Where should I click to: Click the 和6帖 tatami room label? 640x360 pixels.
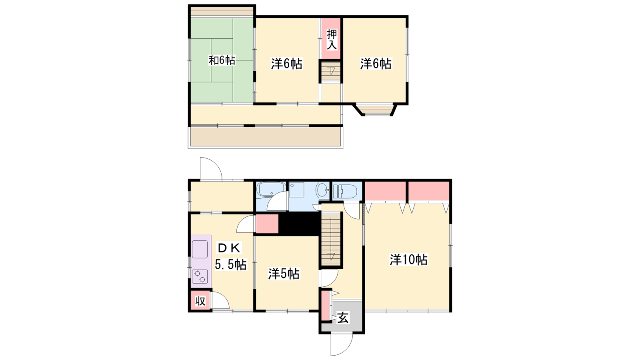click(222, 60)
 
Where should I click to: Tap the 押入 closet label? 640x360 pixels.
click(332, 40)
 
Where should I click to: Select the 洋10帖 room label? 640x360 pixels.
click(408, 260)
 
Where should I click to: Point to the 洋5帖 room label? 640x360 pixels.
click(284, 274)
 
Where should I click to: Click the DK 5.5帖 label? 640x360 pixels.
click(230, 256)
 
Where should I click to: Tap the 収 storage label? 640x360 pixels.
click(200, 301)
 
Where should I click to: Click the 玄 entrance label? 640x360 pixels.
click(343, 318)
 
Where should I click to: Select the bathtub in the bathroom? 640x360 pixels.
click(271, 190)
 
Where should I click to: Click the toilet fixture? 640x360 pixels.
click(346, 191)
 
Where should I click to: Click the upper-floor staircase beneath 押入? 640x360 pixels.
click(331, 72)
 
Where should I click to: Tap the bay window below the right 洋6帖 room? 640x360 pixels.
click(375, 110)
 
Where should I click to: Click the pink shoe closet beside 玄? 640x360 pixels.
click(325, 305)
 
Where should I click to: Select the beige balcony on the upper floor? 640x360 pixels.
click(265, 136)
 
